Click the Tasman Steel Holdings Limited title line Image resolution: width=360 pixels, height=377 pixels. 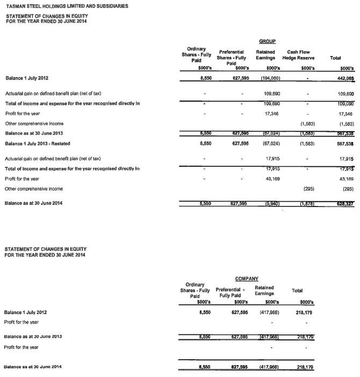point(67,6)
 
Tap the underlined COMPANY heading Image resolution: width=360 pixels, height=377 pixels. point(247,279)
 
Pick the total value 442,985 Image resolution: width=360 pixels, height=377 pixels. point(344,79)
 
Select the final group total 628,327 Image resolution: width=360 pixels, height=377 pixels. point(343,219)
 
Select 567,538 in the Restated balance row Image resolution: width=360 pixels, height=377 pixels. point(344,144)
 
